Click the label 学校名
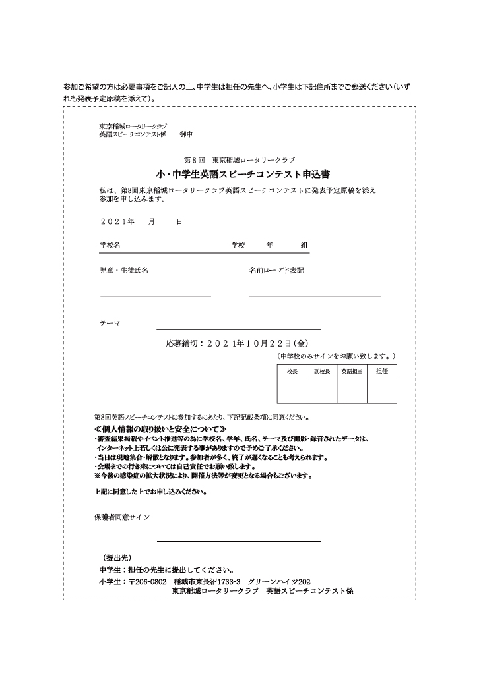tap(110, 245)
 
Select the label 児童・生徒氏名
tap(124, 271)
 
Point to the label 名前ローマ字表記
tap(276, 271)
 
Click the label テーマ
tap(110, 323)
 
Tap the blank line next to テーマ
tap(238, 328)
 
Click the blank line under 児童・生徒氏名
tap(156, 297)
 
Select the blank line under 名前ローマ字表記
tap(314, 297)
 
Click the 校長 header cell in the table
tap(292, 372)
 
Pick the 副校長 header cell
tap(322, 372)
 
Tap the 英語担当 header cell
tap(352, 372)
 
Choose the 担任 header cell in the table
tap(382, 372)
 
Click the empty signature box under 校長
tap(292, 391)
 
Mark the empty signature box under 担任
tap(382, 391)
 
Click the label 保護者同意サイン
tap(122, 517)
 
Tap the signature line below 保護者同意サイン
tap(239, 540)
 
